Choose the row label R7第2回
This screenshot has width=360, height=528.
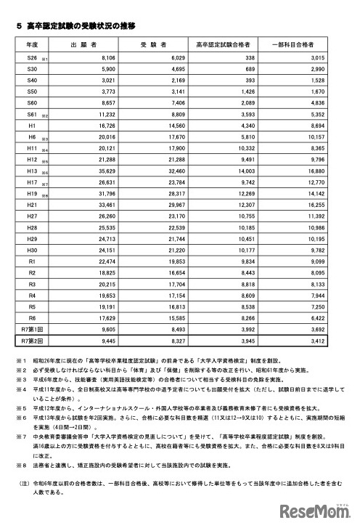[31, 338]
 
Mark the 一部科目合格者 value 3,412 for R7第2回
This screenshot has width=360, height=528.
[324, 338]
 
